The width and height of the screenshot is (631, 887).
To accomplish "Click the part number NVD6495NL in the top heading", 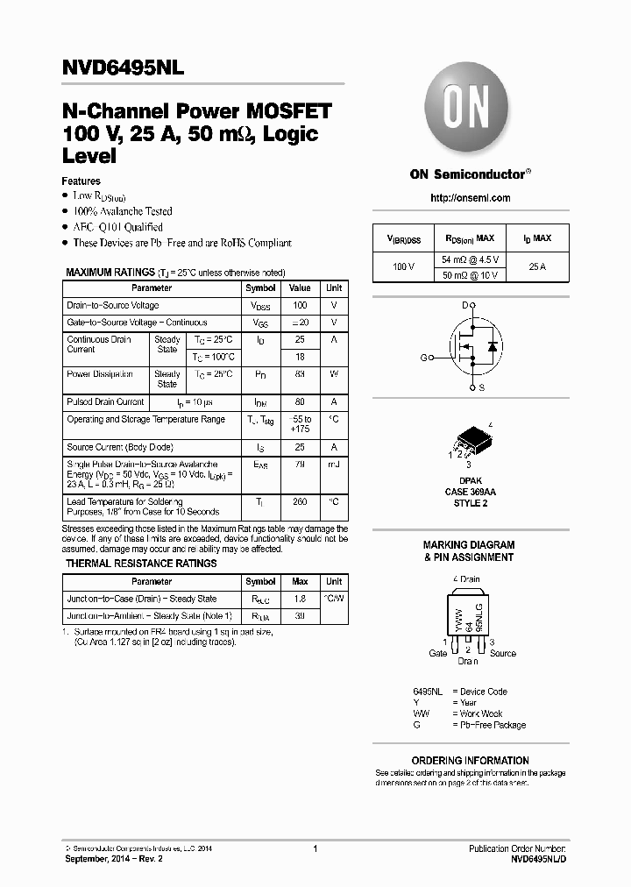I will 123,73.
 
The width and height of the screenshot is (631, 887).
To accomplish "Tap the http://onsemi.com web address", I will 470,198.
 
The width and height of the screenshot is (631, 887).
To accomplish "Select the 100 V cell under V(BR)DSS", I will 403,266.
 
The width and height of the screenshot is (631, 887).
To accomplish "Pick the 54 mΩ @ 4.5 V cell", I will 470,259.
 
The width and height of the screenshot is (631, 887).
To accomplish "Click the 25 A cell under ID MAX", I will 536,266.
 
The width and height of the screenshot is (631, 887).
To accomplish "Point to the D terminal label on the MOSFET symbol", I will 465,305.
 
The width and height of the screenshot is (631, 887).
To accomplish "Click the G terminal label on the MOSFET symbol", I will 424,358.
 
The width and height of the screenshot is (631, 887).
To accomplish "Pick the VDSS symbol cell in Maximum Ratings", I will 260,306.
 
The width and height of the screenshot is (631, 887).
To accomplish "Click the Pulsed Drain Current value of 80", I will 300,402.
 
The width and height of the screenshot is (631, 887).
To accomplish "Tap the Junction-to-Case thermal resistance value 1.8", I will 300,600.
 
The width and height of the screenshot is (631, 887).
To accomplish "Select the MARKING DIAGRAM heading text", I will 469,545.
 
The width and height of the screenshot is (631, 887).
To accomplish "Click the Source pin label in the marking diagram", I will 503,653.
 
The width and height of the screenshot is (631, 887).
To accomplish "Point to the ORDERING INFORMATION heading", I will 470,761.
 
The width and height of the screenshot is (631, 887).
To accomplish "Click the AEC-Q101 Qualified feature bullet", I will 117,227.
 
